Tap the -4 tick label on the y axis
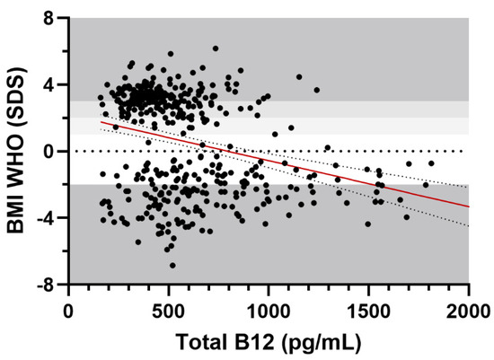click(49, 217)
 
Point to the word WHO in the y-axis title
click(17, 162)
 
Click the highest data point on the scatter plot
click(216, 48)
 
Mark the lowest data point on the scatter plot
click(172, 265)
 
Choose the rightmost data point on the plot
click(431, 163)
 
